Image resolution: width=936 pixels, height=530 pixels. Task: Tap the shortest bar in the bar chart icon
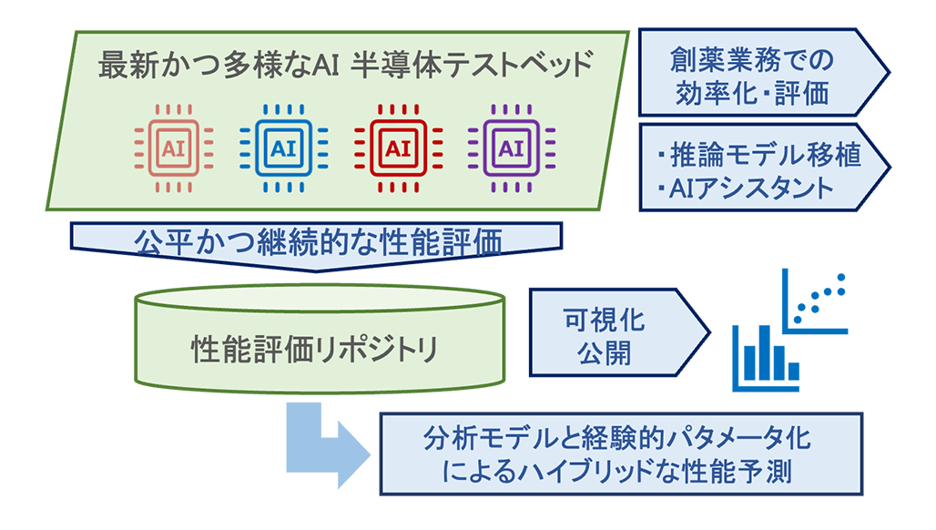pos(793,371)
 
